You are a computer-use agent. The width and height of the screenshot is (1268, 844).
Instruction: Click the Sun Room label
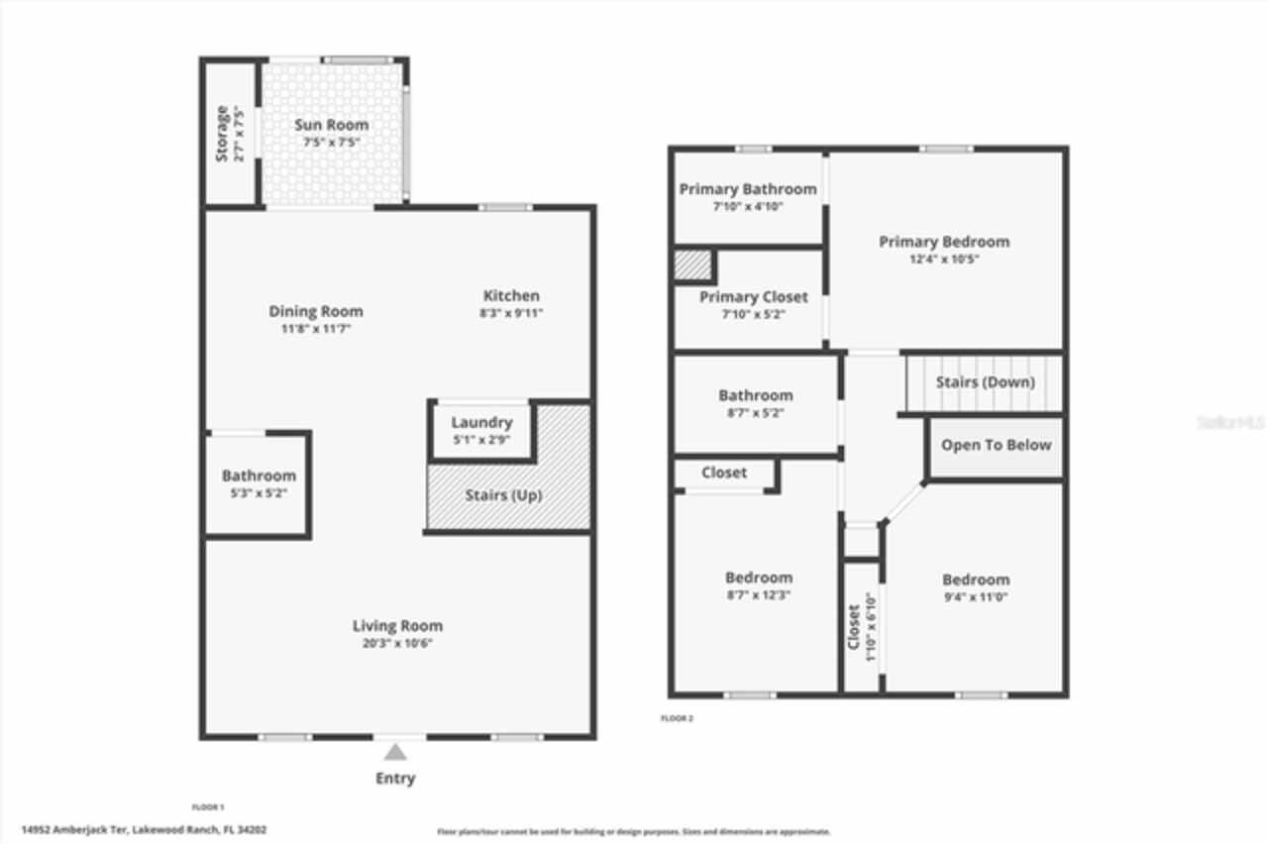[331, 125]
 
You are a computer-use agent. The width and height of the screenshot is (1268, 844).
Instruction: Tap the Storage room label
[223, 133]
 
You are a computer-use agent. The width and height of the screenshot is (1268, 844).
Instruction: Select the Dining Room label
[315, 311]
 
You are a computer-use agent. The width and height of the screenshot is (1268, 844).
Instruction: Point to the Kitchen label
[511, 295]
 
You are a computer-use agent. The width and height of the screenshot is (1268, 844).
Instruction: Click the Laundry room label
[481, 422]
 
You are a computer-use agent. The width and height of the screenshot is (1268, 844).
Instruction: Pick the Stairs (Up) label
[503, 495]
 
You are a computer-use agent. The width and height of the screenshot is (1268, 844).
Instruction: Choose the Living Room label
[397, 625]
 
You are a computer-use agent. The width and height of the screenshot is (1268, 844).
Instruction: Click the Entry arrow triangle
[395, 753]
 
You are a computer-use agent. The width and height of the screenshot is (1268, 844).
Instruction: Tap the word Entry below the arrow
[395, 779]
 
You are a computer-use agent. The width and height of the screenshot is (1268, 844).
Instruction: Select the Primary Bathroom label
[748, 188]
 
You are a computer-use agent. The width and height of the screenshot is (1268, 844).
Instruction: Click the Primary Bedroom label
[944, 241]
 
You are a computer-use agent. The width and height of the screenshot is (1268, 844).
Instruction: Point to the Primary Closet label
[753, 296]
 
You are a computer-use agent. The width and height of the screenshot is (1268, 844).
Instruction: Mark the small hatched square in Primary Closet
[692, 265]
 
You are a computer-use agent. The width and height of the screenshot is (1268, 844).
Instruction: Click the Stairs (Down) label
[985, 381]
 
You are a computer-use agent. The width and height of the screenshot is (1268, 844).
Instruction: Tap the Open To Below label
[996, 445]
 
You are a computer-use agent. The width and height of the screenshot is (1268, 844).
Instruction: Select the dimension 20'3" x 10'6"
[397, 643]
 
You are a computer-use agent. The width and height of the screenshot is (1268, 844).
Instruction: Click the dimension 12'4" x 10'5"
[944, 259]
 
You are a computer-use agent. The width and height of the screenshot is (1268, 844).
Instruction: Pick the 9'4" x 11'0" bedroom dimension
[976, 596]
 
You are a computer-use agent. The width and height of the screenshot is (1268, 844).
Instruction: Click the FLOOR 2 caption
[677, 718]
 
